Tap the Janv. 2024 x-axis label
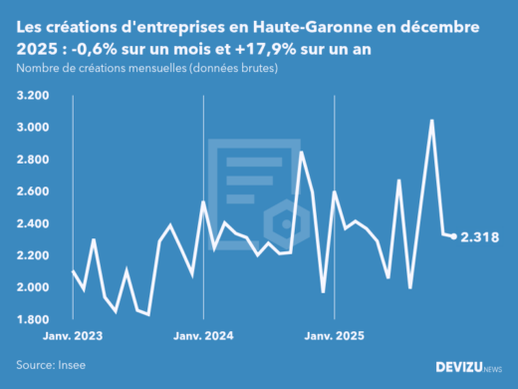pos(204,335)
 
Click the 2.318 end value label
pos(479,237)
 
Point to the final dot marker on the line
pos(454,236)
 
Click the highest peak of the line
pos(431,121)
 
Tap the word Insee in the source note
pos(71,365)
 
